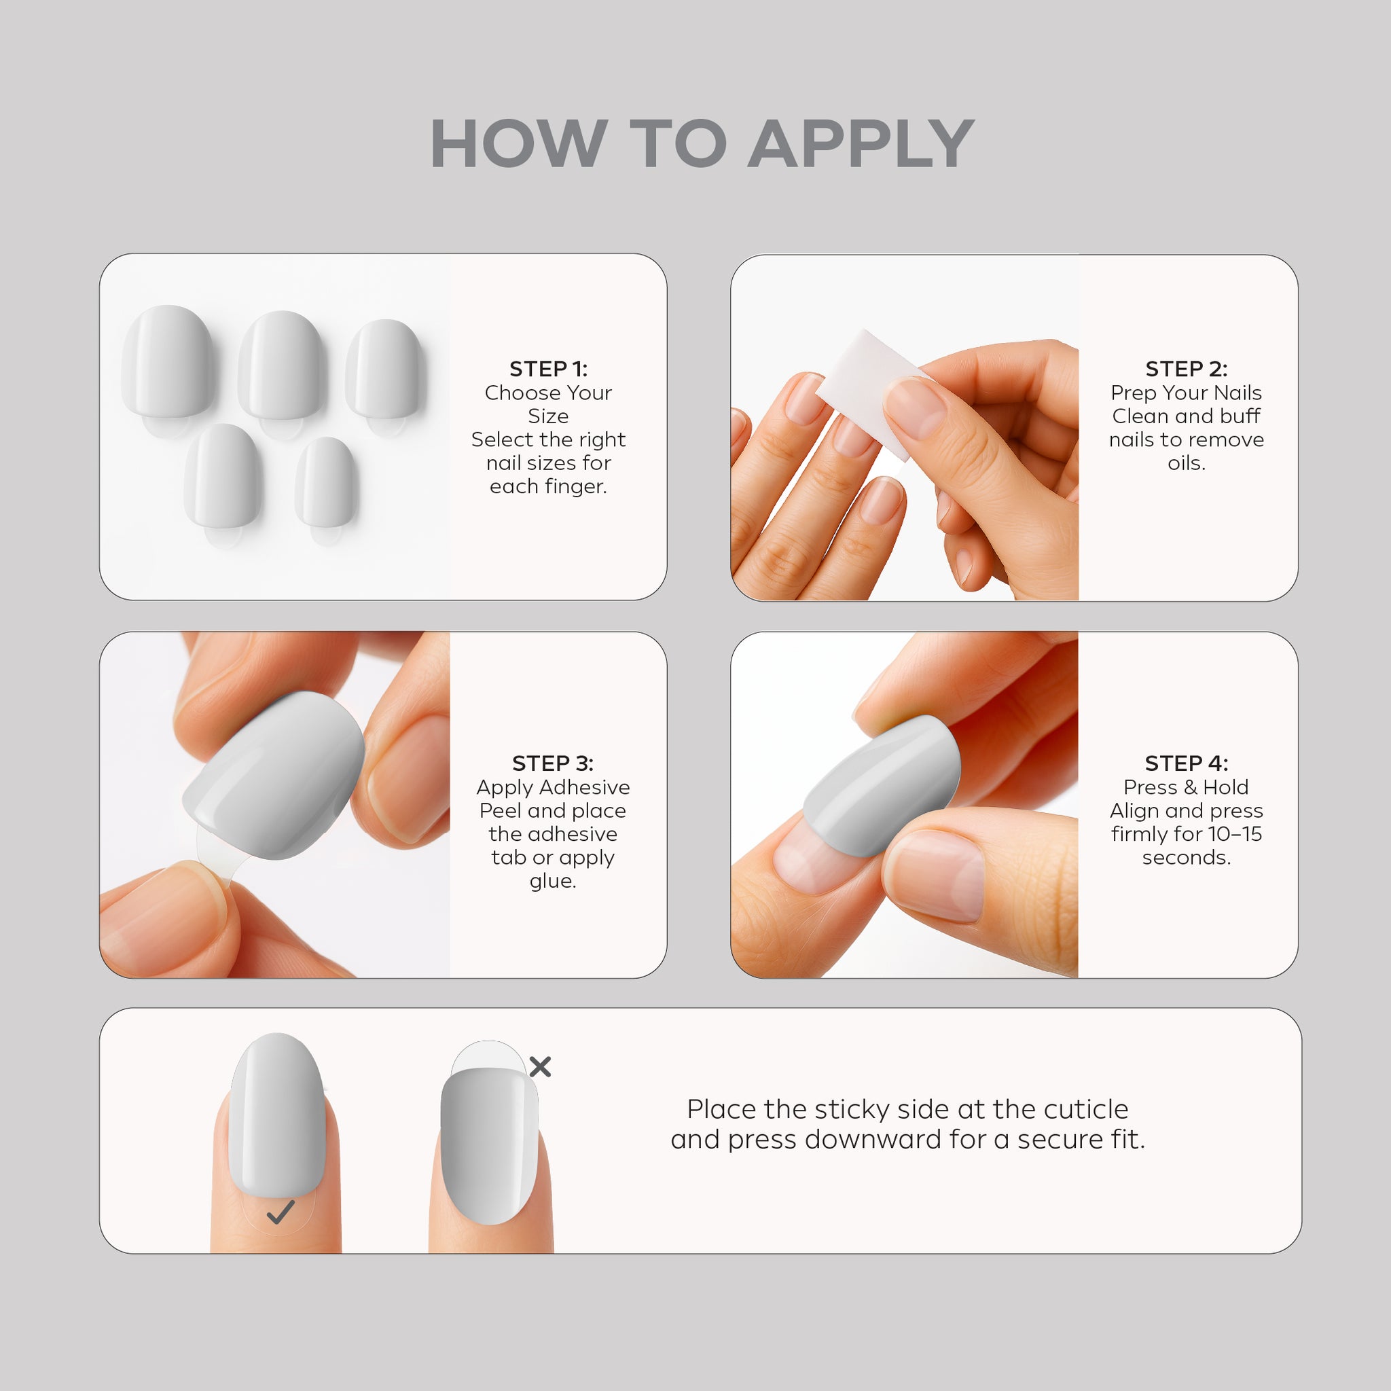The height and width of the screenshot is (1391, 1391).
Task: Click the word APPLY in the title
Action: (861, 143)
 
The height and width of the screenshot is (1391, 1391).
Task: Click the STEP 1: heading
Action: (549, 369)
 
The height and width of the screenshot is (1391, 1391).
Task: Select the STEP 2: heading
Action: (1187, 369)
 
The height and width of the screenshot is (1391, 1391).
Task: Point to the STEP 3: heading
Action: (553, 763)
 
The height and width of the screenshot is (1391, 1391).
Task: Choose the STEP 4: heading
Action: (1187, 763)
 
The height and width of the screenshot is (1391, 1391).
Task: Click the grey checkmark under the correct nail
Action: (280, 1212)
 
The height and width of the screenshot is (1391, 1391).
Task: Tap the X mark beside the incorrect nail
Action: (540, 1066)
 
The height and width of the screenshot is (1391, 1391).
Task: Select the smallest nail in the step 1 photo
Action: (326, 482)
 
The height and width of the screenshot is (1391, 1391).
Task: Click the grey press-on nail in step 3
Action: (274, 776)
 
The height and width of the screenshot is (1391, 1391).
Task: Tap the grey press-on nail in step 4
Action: (882, 784)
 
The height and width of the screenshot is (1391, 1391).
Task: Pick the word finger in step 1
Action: (579, 487)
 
